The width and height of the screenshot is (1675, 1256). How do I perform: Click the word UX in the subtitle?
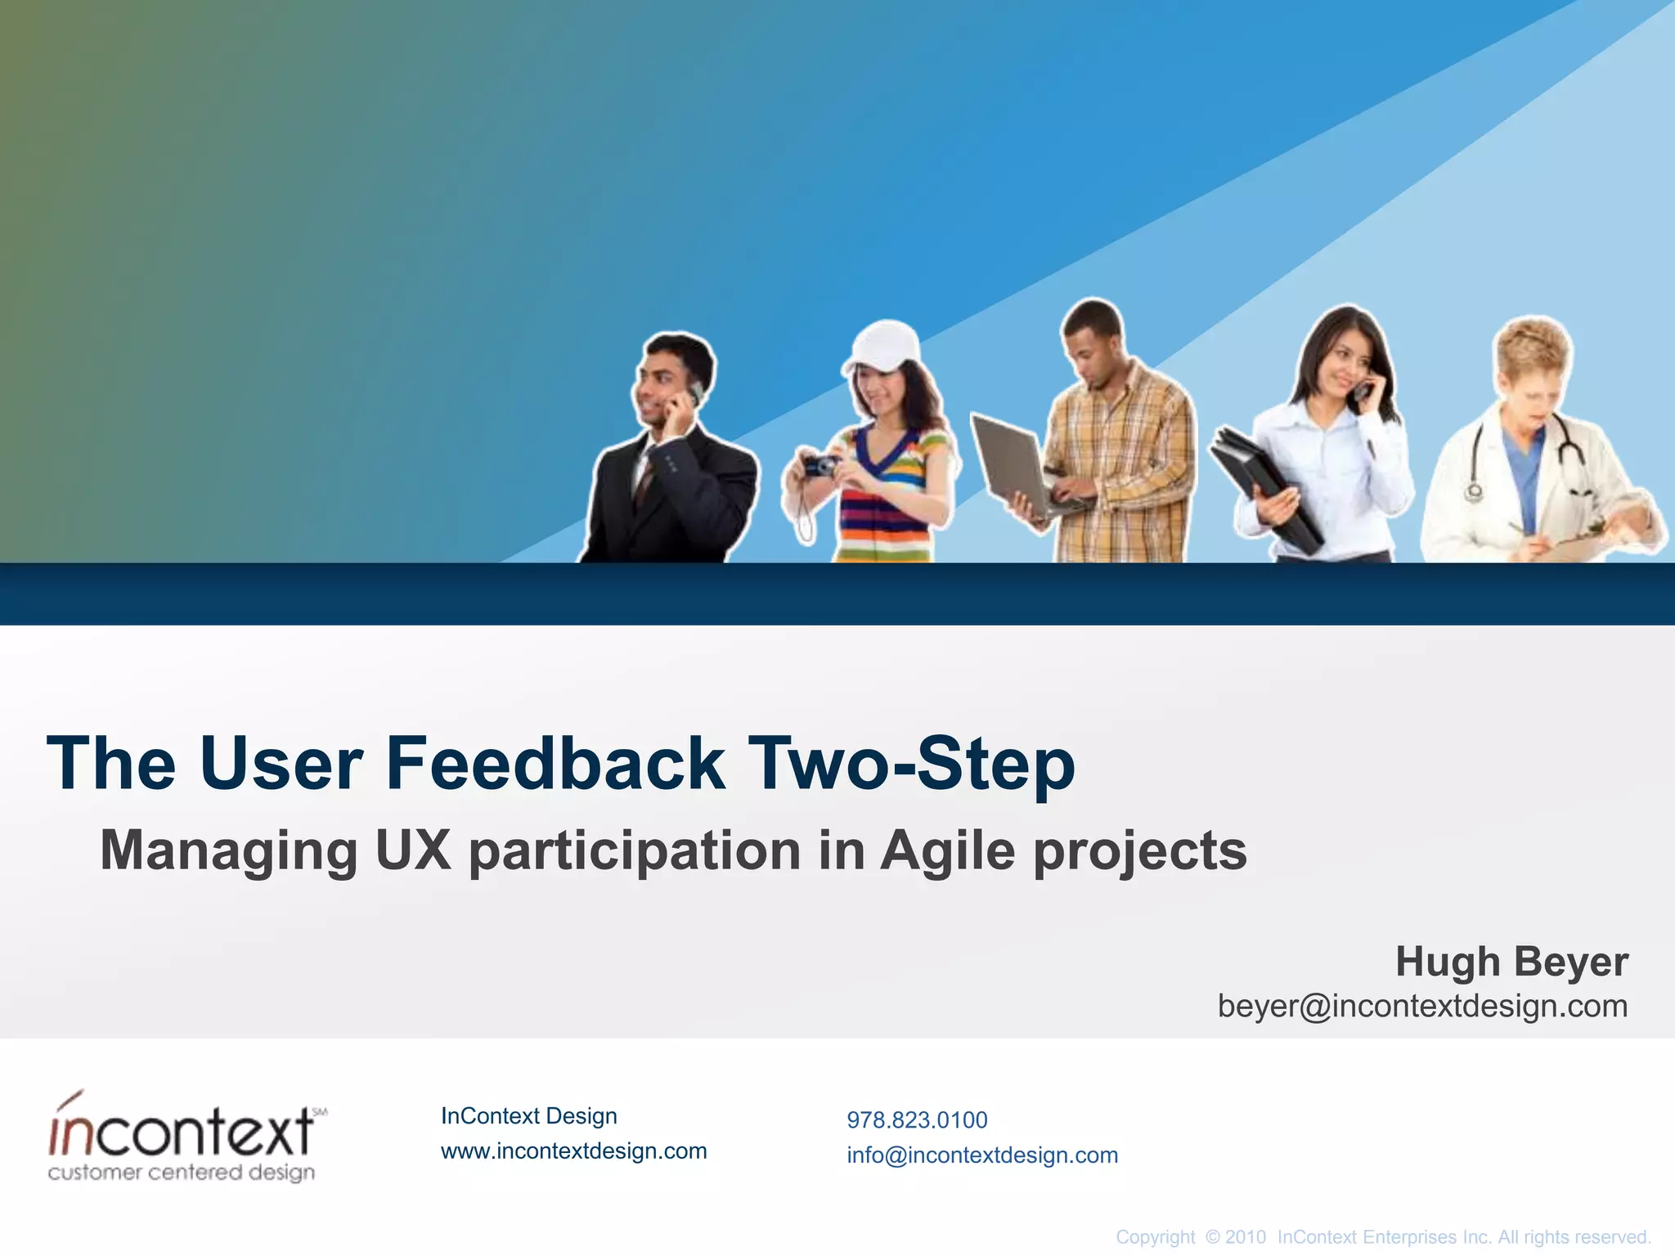(413, 850)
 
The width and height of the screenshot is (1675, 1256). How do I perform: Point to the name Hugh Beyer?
(1511, 962)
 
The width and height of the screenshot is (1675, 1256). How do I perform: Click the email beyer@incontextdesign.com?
(1422, 1006)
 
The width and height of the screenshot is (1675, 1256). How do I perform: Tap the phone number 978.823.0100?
(917, 1119)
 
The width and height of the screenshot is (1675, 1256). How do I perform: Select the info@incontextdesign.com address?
(982, 1155)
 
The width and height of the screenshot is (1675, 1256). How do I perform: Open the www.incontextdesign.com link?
(573, 1151)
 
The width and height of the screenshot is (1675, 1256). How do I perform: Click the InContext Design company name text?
(528, 1115)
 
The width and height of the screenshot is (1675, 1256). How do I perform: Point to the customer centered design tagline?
(182, 1173)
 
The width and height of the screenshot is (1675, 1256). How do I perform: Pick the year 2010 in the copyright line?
(1246, 1237)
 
